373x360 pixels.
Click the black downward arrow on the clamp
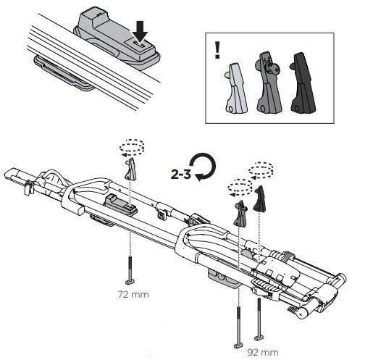point(140,32)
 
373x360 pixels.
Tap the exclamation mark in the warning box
point(217,50)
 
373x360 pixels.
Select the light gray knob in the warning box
point(236,88)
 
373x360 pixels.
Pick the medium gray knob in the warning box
point(269,83)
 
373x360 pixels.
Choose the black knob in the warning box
point(303,83)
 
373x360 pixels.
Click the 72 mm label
point(133,295)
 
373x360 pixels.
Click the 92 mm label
point(263,353)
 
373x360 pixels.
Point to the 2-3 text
point(180,174)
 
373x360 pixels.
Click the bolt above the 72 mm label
point(130,270)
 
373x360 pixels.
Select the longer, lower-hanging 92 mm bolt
point(239,327)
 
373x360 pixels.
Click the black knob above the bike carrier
point(260,199)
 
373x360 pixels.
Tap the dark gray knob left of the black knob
point(240,214)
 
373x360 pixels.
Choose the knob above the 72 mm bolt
point(130,169)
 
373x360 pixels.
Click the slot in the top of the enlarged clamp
point(139,45)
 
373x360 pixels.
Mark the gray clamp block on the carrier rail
point(121,205)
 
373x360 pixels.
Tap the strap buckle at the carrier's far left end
point(29,188)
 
